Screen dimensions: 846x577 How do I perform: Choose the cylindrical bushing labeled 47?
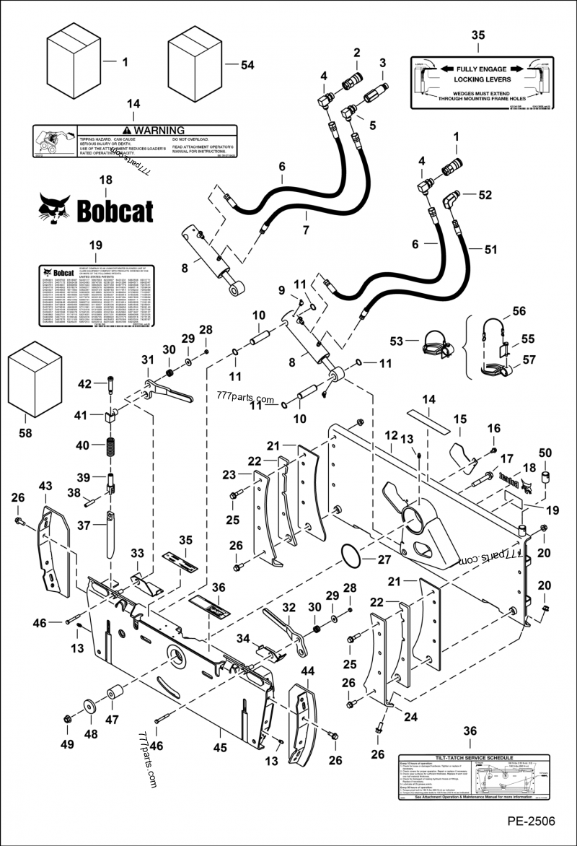113,695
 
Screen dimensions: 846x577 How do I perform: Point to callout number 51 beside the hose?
491,250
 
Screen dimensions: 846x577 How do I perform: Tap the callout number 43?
45,488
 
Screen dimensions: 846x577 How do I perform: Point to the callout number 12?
391,435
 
